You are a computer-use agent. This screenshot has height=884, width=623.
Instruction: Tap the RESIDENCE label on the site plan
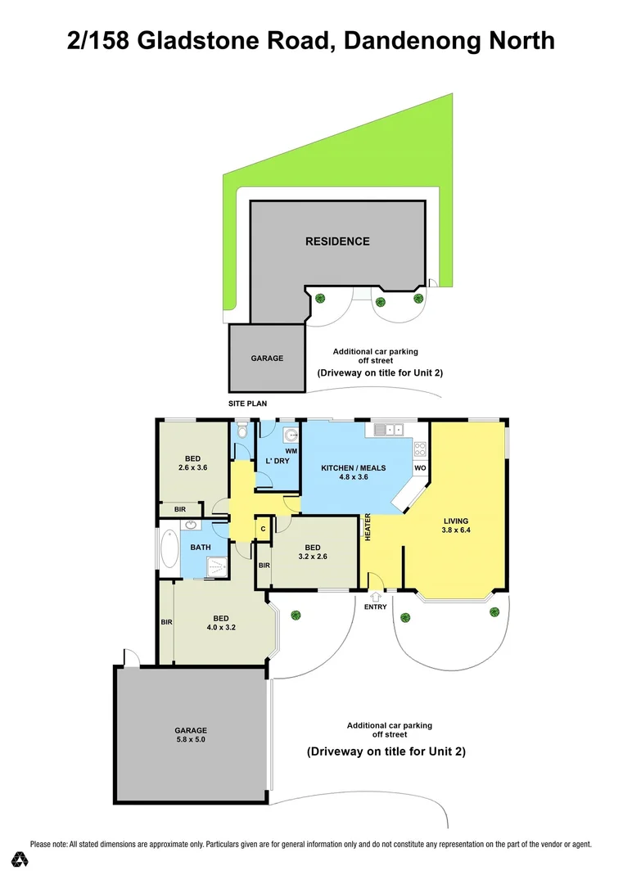coord(337,241)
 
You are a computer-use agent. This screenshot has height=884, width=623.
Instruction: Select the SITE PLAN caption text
coord(247,404)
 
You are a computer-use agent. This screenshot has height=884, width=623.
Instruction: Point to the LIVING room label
coord(456,521)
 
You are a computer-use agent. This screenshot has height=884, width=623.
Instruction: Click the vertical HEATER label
coord(368,526)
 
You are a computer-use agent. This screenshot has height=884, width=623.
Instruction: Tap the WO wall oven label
coord(420,468)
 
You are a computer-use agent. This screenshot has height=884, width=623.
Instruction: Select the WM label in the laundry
coord(291,451)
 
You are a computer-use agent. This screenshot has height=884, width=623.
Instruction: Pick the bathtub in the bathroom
coord(169,550)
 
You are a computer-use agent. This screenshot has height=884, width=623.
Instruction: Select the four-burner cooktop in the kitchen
coord(420,449)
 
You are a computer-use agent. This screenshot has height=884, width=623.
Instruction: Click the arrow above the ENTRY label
coord(376,597)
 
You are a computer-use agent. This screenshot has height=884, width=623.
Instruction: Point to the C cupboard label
coord(263,529)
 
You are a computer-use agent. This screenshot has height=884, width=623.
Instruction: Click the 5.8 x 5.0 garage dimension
coord(190,740)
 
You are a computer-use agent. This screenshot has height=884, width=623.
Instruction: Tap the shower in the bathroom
coord(217,566)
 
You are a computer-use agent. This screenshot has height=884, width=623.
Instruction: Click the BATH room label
coord(201,547)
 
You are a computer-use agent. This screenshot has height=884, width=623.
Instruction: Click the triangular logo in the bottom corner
coord(20,859)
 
